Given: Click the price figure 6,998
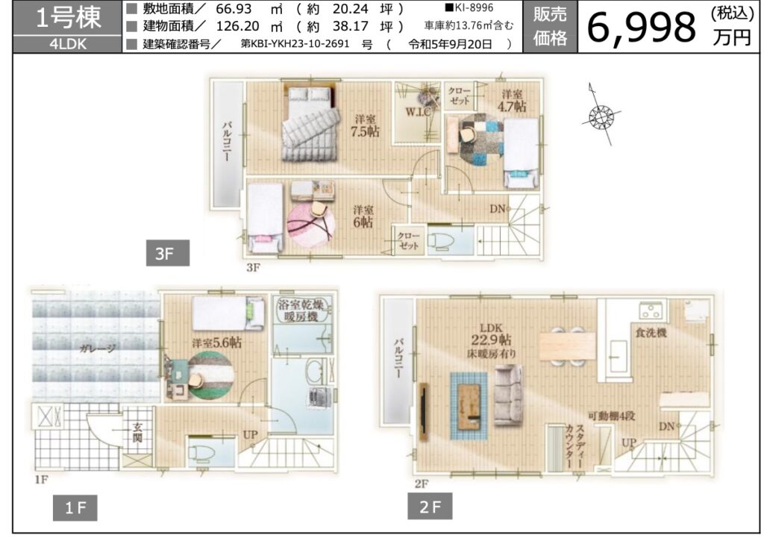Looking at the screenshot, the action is coord(642,28).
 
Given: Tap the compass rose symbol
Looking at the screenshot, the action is coord(600,116).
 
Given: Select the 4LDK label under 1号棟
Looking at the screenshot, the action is coord(68,44).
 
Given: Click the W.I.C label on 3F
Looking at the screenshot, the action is coord(419,112).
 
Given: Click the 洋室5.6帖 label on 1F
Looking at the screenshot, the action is coord(216,343).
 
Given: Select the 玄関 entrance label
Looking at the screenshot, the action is coord(138,432).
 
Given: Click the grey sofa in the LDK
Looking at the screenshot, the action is coord(509,395).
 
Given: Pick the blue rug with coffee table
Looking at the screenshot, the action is coord(469,406).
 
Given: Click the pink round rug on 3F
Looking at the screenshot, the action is coord(311,225).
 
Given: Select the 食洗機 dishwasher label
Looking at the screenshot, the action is coord(651,333).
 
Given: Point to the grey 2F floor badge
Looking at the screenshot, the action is coord(430,506).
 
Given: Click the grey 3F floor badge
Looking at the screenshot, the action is coord(168,253).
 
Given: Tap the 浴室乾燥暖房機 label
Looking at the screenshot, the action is coord(301,311).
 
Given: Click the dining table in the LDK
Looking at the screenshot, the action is coord(568,346).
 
